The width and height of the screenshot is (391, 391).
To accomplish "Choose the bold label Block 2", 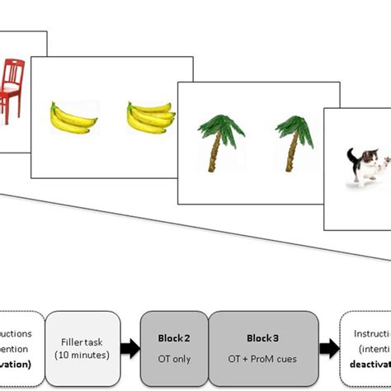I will click(173, 338).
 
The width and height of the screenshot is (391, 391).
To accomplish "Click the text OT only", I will click(173, 359).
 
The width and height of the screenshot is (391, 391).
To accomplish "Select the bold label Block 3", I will click(263, 338).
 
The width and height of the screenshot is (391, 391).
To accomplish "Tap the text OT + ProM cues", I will click(263, 359).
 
